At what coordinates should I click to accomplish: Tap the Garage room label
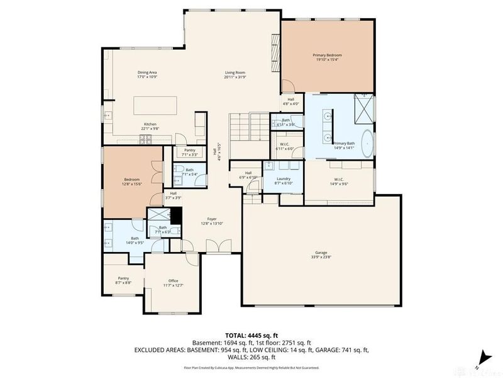tap(321, 256)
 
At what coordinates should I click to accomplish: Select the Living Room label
tap(235, 75)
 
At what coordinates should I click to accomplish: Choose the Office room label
tap(173, 283)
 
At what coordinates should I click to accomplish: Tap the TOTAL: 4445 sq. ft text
tap(251, 335)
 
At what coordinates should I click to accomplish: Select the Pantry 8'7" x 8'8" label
tap(123, 280)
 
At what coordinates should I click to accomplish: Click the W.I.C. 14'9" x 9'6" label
tap(338, 181)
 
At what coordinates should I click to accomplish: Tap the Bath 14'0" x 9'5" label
tap(118, 239)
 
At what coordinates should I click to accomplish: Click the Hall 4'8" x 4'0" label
tap(291, 101)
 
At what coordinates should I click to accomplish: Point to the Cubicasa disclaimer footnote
tap(251, 367)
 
